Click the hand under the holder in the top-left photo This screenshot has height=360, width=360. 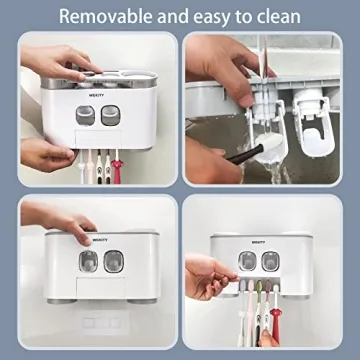click(45, 152)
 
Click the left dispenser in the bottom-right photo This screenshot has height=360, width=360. click(247, 261)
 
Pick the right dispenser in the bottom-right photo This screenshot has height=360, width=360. click(269, 261)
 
